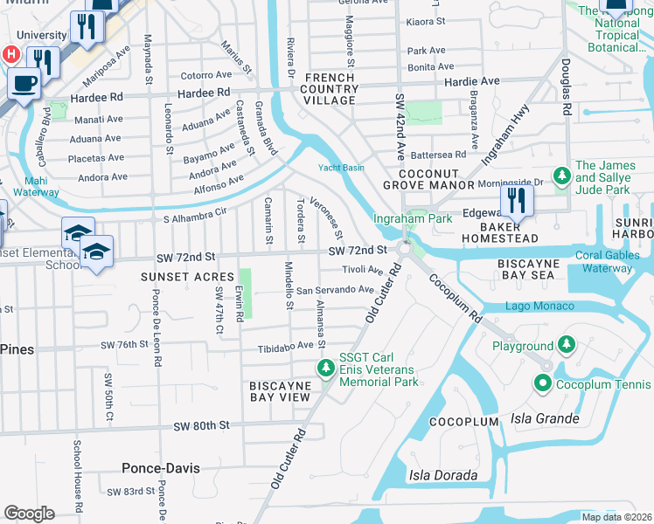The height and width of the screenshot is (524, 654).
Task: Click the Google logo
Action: pos(29,514)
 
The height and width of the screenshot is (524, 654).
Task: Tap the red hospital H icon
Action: pos(10,54)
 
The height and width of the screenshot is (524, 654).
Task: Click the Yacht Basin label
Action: pos(340,168)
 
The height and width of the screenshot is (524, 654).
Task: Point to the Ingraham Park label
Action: pos(413,218)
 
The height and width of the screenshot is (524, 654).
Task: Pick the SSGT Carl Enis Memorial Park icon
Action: pos(326,368)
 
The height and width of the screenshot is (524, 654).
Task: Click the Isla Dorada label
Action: pos(443,476)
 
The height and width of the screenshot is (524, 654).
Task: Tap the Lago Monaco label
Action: pos(539,307)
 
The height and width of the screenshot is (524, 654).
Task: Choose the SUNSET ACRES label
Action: pos(177,276)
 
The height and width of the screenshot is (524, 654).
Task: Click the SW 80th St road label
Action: pos(201,425)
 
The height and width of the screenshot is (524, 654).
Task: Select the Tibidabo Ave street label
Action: pos(285,347)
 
